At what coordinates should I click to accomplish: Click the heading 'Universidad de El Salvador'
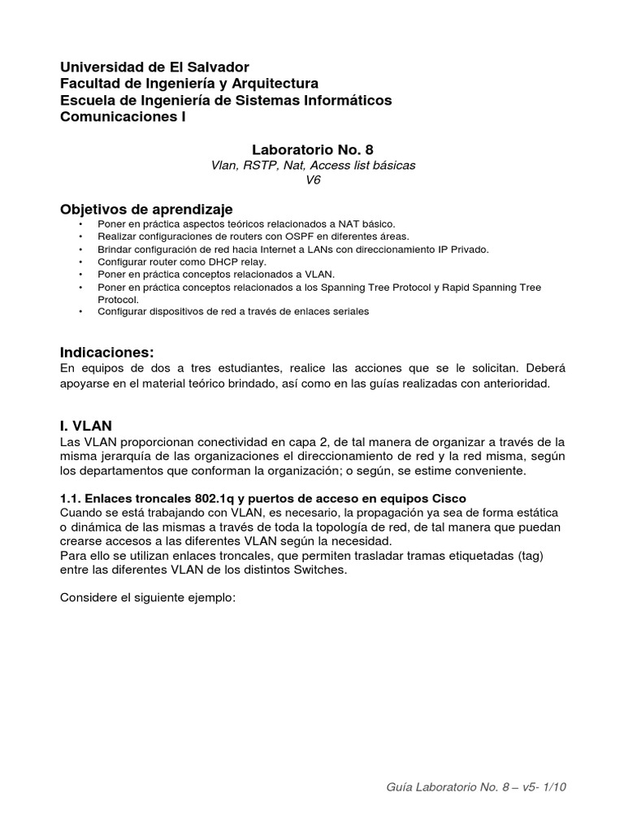[x=155, y=67]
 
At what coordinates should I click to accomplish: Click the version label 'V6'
[x=313, y=180]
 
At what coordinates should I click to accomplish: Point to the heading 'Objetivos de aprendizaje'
[x=146, y=210]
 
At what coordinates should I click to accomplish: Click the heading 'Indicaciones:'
[x=106, y=352]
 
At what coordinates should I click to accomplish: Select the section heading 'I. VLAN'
[x=86, y=425]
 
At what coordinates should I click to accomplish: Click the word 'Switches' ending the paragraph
[x=322, y=570]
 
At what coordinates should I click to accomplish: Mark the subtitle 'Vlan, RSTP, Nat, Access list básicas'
[x=313, y=165]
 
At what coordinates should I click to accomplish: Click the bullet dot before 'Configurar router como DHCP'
[x=80, y=262]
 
